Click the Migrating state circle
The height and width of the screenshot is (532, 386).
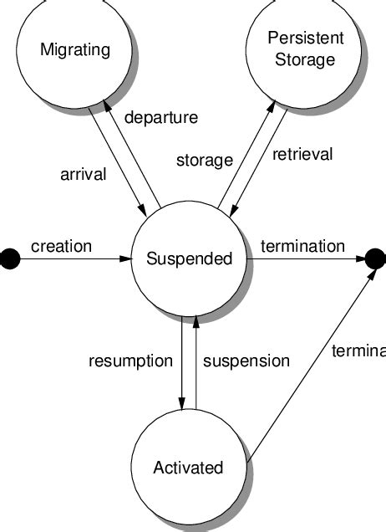[74, 50]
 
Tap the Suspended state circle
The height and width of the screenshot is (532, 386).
[188, 259]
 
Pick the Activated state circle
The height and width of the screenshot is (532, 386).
[188, 466]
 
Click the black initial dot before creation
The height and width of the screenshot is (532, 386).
[8, 259]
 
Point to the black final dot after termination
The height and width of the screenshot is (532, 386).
[377, 259]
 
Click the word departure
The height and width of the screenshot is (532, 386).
[160, 117]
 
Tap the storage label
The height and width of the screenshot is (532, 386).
[204, 160]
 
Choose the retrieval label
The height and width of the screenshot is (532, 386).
[302, 154]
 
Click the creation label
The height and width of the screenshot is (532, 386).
[61, 246]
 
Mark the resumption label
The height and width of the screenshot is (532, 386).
[130, 361]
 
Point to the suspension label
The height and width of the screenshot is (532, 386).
[246, 361]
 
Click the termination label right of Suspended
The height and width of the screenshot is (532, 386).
[302, 246]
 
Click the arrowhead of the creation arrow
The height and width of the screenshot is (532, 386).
[126, 259]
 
